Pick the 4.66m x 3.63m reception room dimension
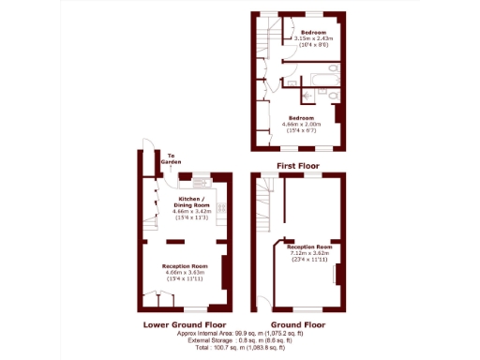184,272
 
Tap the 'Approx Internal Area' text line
240,333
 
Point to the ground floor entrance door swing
260,302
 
